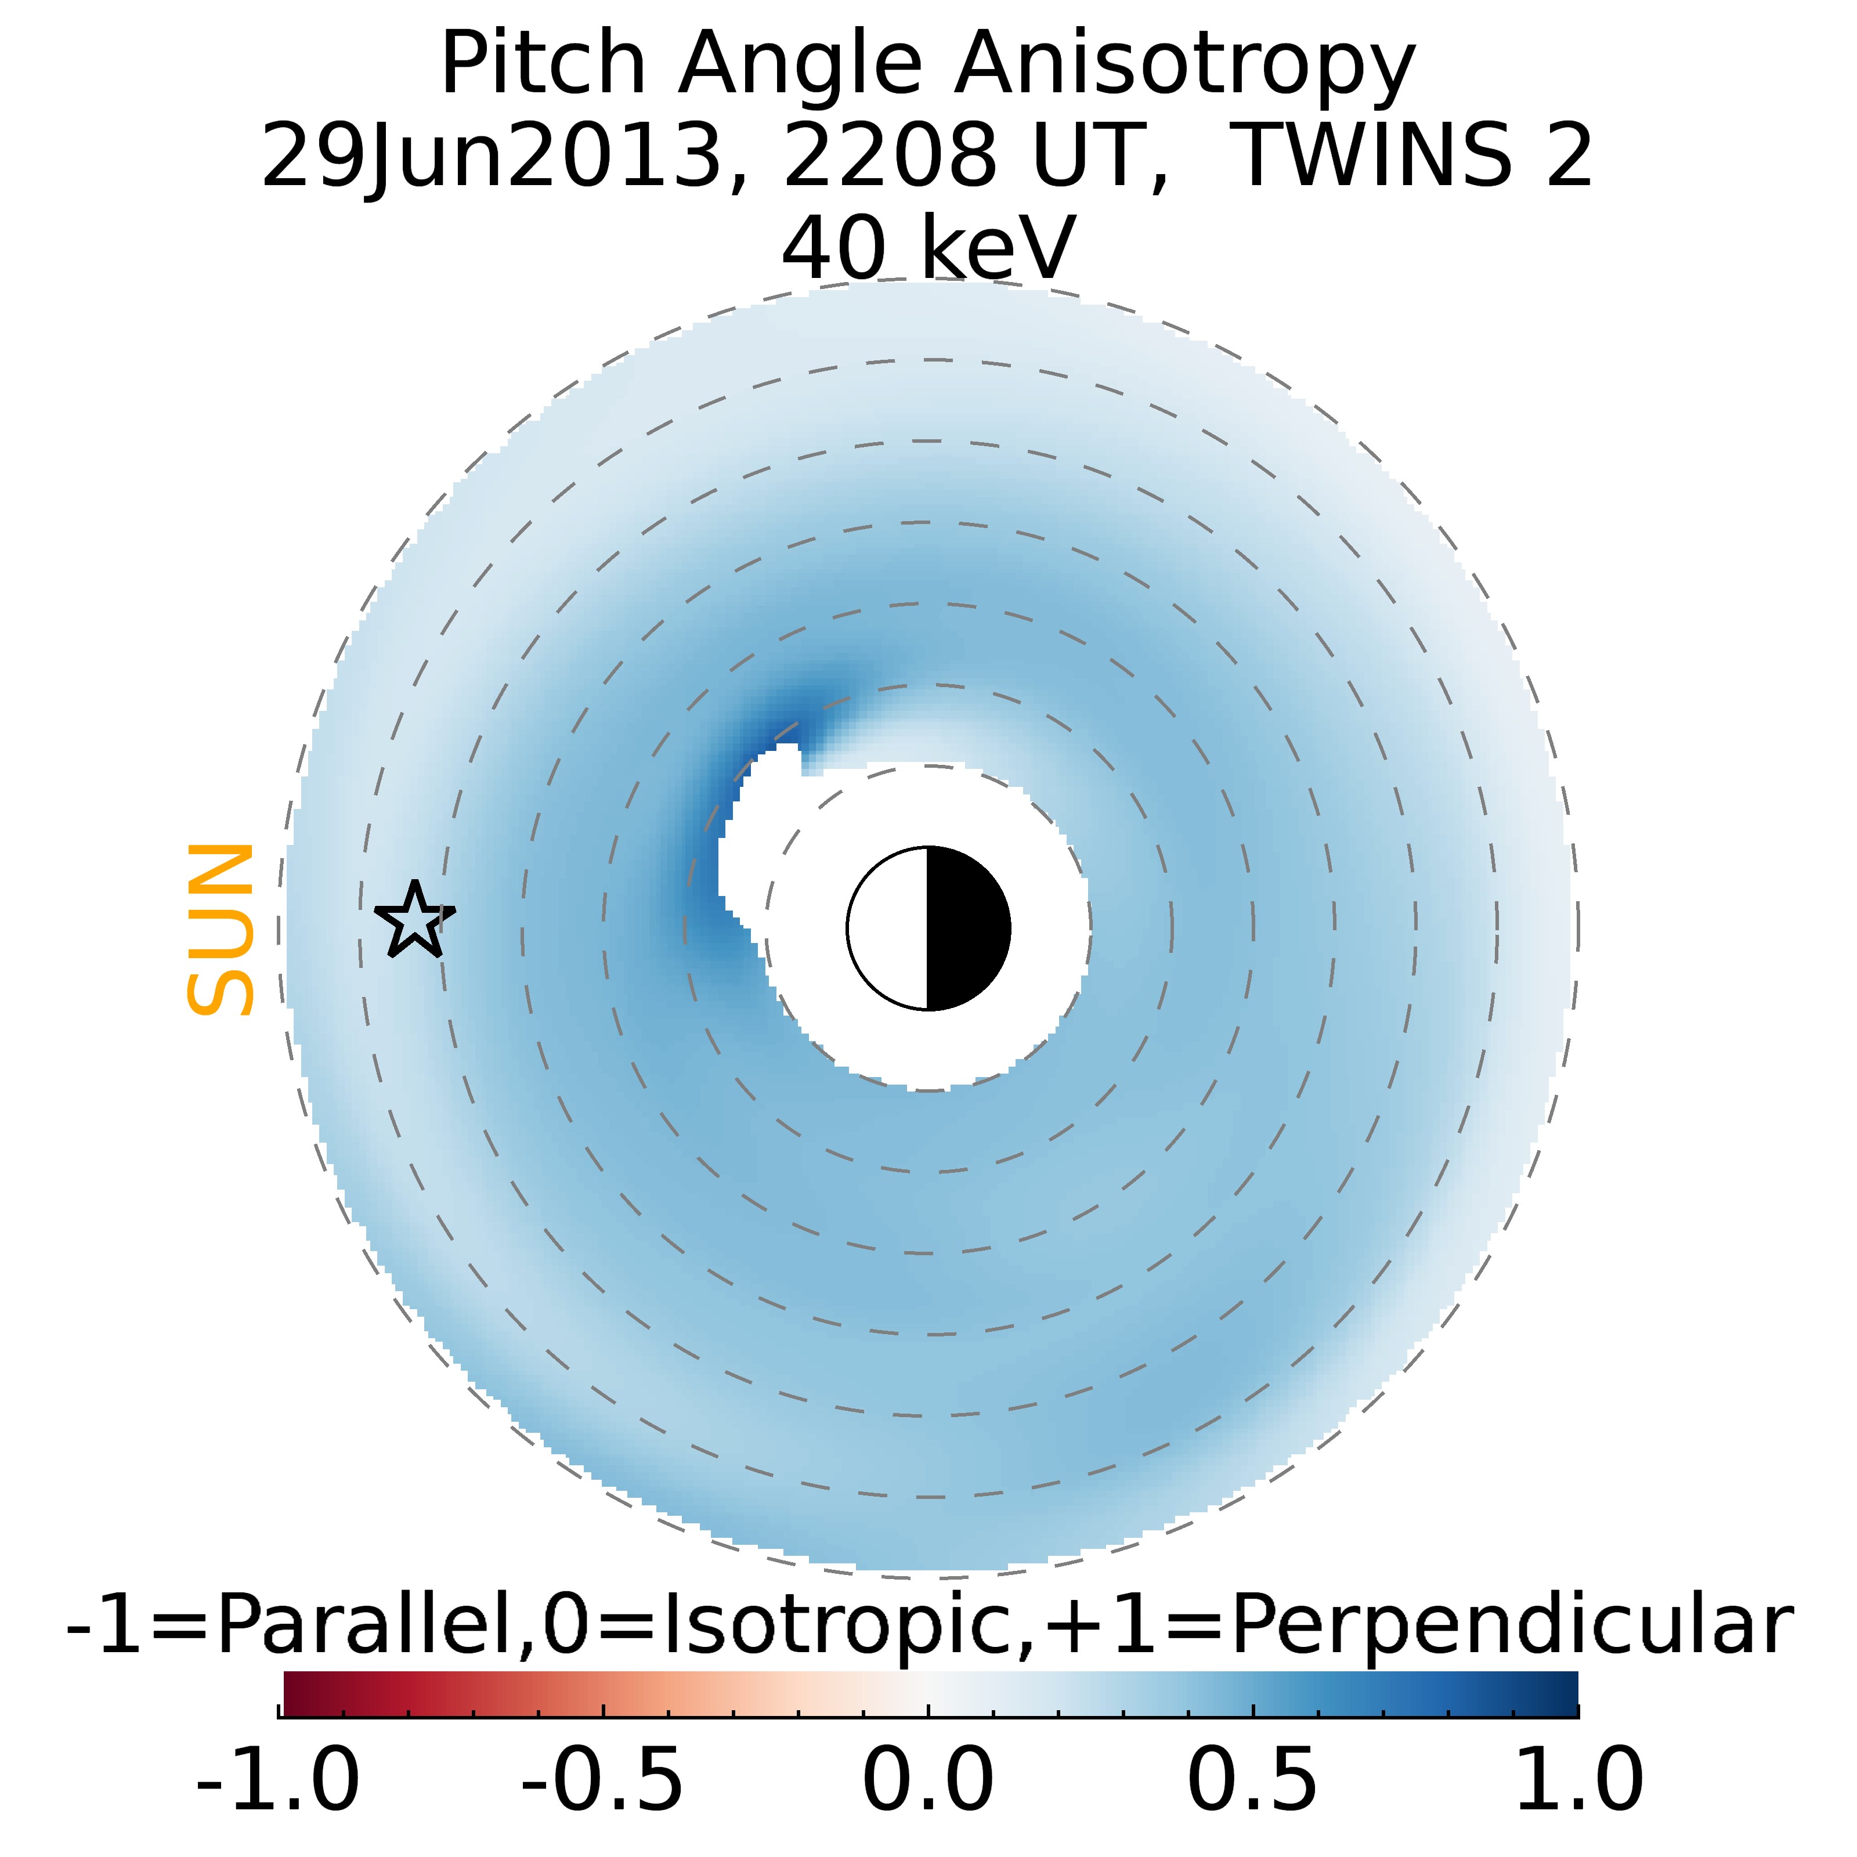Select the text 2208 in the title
point(889,156)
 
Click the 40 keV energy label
point(927,248)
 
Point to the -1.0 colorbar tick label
point(278,1779)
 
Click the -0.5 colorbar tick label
point(603,1779)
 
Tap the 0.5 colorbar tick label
point(1252,1779)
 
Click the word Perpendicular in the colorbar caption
point(1511,1624)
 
